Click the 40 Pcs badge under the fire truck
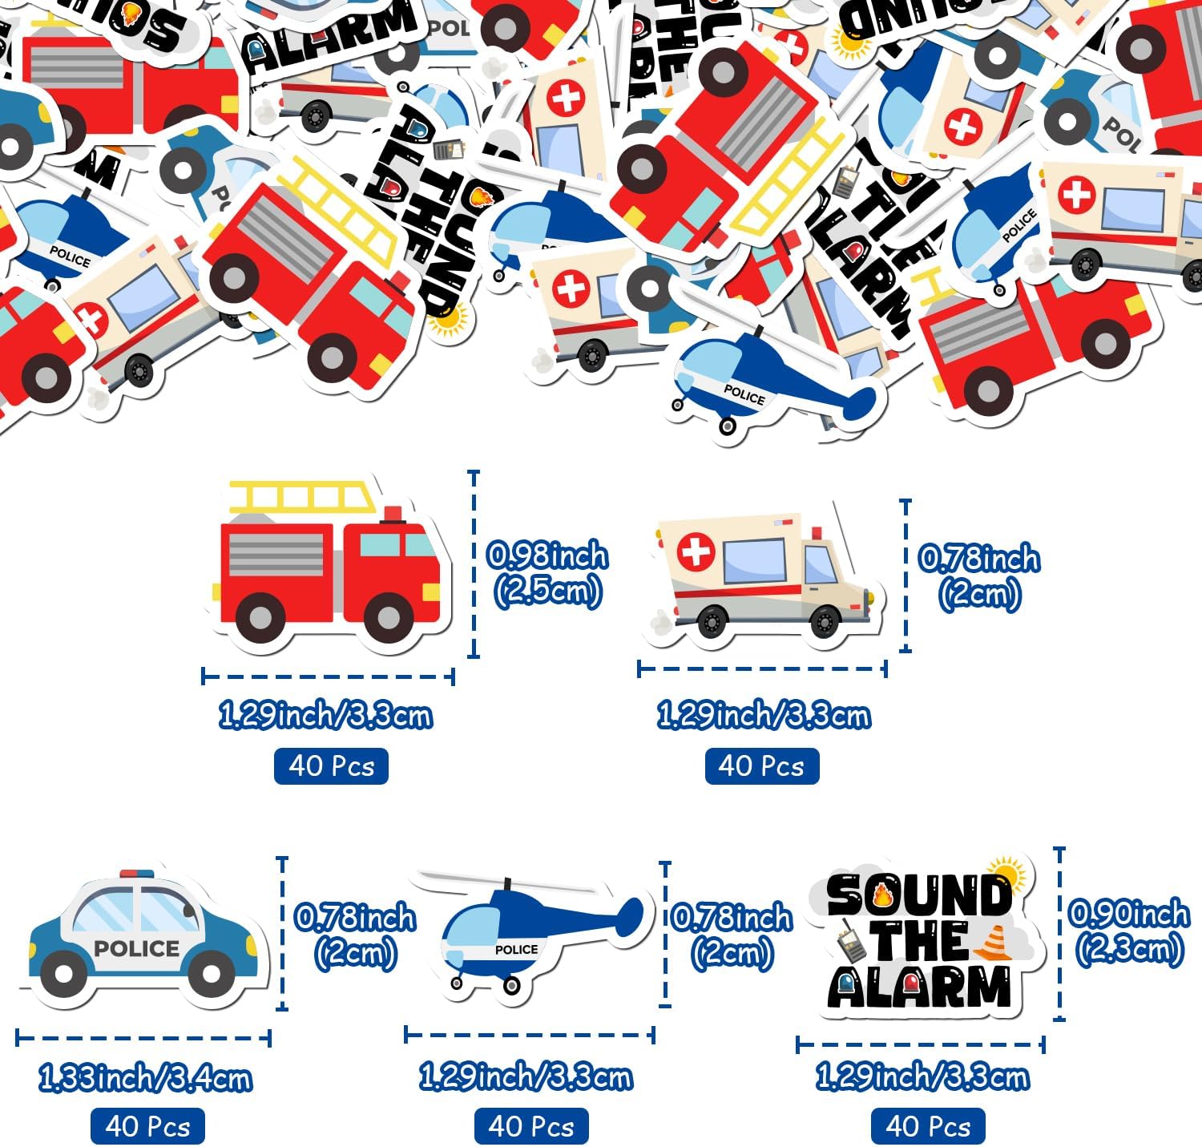[331, 765]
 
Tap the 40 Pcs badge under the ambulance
[761, 765]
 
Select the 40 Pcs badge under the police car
[147, 1126]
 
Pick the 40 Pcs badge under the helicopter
[531, 1126]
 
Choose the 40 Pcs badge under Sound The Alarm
[928, 1126]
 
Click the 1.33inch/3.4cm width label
[145, 1079]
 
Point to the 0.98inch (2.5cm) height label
[548, 574]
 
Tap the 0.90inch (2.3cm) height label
[1129, 931]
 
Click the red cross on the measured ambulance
[696, 552]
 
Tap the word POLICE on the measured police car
[136, 948]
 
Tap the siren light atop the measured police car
[137, 873]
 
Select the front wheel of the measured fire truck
[388, 618]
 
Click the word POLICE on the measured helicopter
[516, 949]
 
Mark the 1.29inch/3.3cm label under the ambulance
[763, 715]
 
